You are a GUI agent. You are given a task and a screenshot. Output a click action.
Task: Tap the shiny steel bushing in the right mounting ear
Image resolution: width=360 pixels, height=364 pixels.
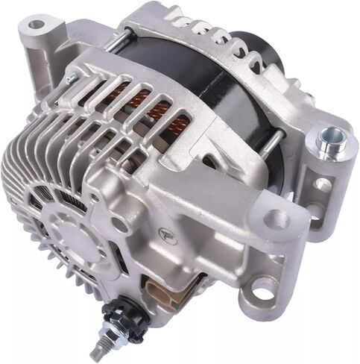[x=329, y=139]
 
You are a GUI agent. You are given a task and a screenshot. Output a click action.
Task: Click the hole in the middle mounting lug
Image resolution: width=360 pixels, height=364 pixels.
[x=277, y=219]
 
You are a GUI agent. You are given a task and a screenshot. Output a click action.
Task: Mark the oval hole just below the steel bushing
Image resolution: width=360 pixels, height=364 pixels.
[x=323, y=183]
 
